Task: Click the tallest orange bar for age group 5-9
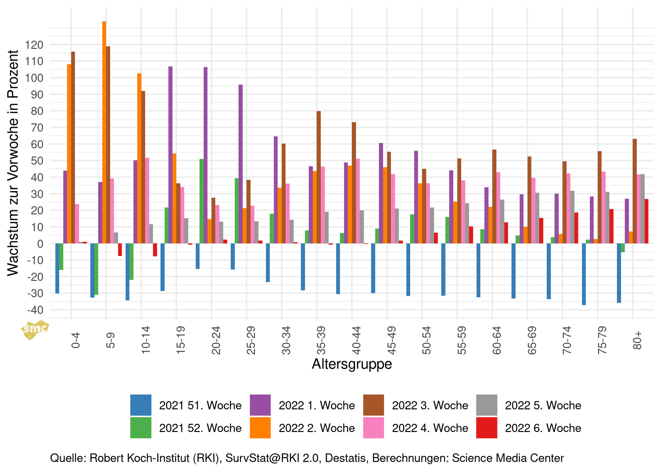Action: (x=104, y=132)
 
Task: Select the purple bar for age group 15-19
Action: (x=170, y=155)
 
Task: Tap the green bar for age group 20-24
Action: (x=202, y=201)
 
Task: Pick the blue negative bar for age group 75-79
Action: (x=584, y=274)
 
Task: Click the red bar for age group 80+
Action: (x=646, y=221)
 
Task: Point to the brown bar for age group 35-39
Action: (x=319, y=177)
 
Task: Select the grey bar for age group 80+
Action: (x=643, y=209)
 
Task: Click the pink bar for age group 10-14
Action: (x=147, y=200)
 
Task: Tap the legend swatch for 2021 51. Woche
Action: (x=141, y=405)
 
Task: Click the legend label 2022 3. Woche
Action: (x=430, y=405)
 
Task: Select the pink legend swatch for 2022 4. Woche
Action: (x=373, y=428)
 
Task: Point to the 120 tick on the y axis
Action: (x=35, y=45)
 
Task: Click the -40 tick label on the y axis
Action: (x=35, y=310)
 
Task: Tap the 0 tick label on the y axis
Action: (x=40, y=244)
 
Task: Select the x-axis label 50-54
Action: (x=426, y=340)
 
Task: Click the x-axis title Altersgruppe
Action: (x=352, y=364)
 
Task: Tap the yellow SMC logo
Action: (x=35, y=329)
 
